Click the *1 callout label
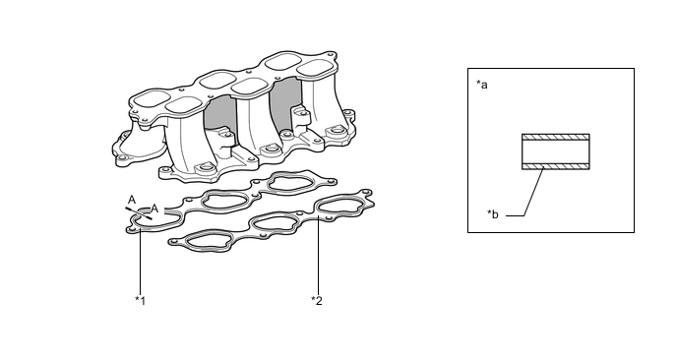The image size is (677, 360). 141,300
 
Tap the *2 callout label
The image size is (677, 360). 317,300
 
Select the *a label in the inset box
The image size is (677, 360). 482,85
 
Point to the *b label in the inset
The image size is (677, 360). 493,213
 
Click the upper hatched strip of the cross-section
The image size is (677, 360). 556,138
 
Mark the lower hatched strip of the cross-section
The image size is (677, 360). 556,166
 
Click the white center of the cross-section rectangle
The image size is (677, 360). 556,151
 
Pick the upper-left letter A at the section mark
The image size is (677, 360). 132,200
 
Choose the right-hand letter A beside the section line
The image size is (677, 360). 154,210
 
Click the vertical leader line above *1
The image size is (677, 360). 141,261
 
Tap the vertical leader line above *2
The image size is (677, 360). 318,255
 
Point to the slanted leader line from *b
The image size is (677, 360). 533,192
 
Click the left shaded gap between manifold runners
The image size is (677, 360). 220,113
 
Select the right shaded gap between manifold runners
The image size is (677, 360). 285,104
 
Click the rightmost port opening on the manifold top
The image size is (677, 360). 317,68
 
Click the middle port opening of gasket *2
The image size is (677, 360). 274,223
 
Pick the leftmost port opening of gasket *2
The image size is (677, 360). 209,241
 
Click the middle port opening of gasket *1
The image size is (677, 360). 225,200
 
